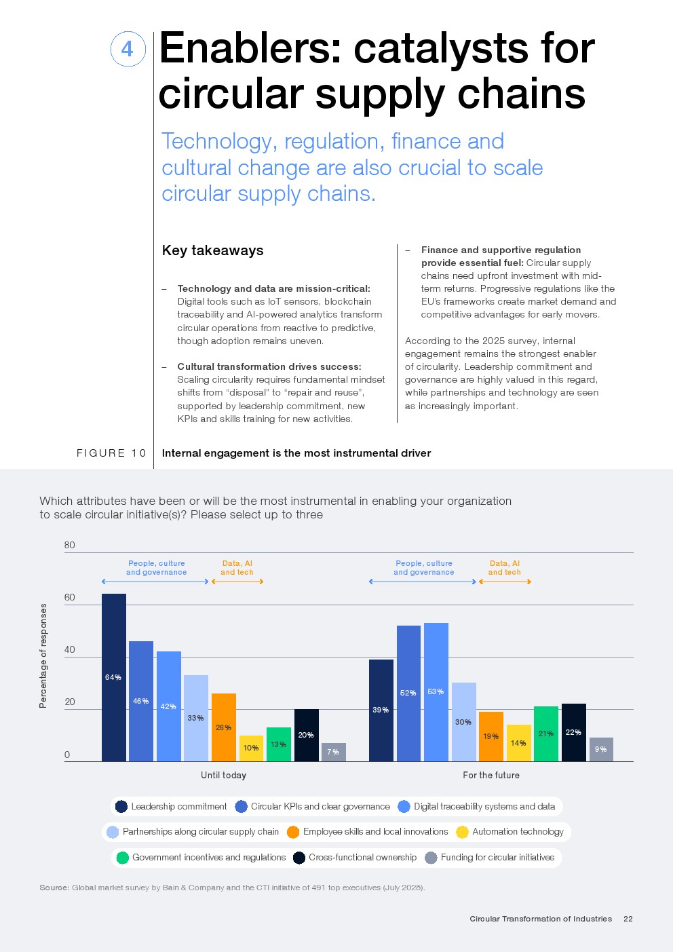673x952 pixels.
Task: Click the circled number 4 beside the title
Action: click(x=128, y=49)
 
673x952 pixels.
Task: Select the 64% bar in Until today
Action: click(x=113, y=677)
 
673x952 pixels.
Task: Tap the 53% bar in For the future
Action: click(x=436, y=691)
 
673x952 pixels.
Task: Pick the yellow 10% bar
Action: click(x=250, y=748)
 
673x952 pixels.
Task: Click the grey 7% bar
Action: click(x=333, y=752)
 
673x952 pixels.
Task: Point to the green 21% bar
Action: click(x=545, y=734)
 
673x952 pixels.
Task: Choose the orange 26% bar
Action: click(x=223, y=727)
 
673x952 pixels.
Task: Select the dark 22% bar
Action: click(x=573, y=732)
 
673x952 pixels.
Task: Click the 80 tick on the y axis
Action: click(x=69, y=545)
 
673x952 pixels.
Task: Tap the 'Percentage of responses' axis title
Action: click(x=43, y=655)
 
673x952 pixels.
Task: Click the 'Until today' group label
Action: click(x=223, y=775)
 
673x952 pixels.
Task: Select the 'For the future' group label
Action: click(x=491, y=775)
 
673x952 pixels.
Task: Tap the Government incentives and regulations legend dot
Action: click(x=122, y=858)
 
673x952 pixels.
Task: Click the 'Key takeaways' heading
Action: click(x=212, y=250)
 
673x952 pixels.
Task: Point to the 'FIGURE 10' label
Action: click(x=111, y=453)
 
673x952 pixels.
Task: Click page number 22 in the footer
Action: click(x=628, y=919)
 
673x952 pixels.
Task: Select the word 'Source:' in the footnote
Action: click(x=54, y=888)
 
